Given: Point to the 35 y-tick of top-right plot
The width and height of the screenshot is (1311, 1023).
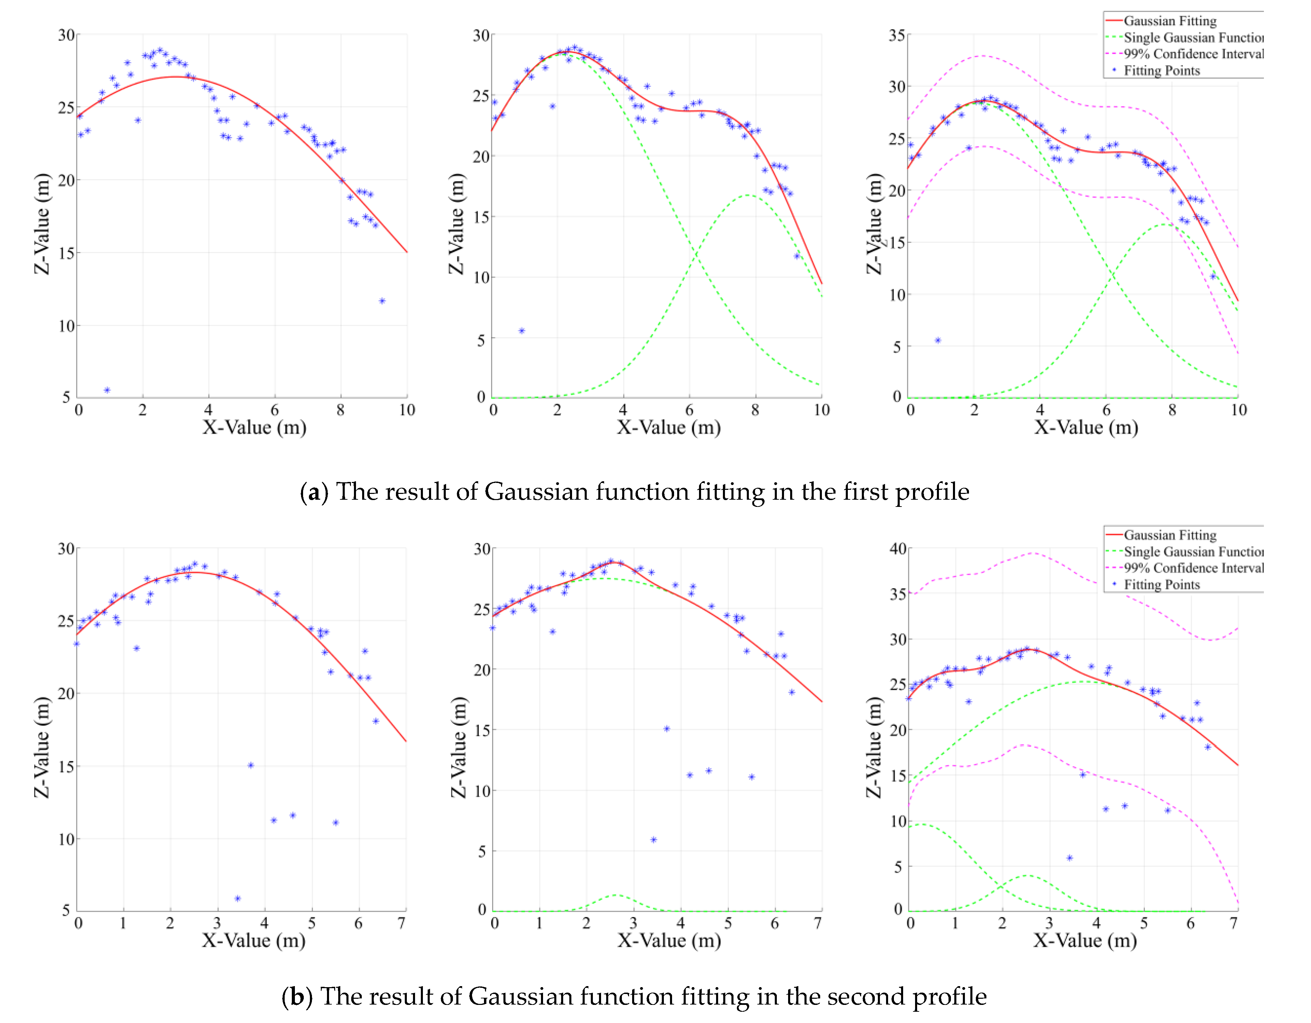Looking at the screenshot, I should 897,36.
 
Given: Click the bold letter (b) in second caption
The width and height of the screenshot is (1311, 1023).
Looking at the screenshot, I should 297,997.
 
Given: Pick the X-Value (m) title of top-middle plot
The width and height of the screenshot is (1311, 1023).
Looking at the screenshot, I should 669,428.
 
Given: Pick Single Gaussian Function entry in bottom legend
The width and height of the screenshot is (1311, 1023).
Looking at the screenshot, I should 1193,551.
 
